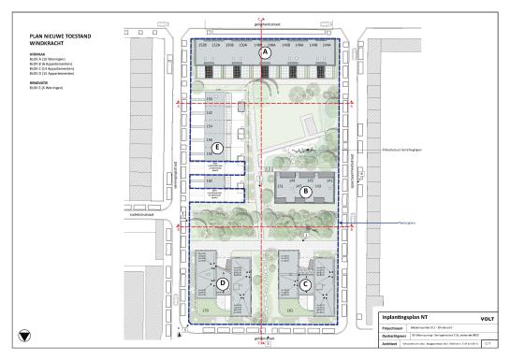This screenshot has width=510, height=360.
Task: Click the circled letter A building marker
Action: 266,54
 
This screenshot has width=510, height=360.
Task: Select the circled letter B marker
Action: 305,193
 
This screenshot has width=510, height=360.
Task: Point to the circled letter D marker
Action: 224,283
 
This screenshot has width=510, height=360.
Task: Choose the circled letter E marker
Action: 217,148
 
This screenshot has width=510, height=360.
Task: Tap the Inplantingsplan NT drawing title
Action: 405,316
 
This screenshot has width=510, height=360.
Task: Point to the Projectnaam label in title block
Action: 391,326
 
